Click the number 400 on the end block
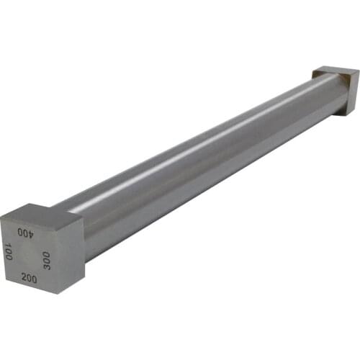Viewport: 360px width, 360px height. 26,233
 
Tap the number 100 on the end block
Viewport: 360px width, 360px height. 8,252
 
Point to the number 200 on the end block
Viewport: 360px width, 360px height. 30,277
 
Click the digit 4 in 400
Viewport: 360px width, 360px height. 31,233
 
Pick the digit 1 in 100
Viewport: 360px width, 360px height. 8,246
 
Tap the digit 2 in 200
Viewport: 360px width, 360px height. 24,276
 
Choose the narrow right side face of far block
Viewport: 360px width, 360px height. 354,93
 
